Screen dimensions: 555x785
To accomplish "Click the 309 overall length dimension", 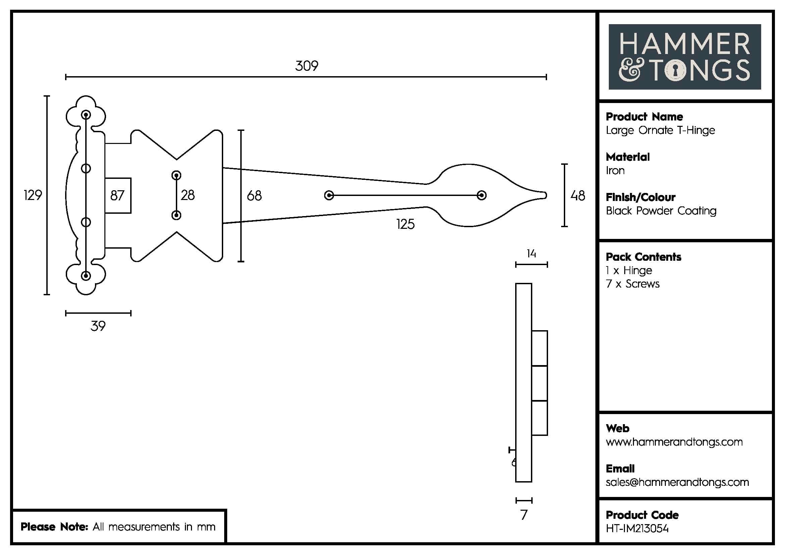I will (306, 66).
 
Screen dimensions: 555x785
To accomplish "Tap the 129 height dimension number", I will (33, 195).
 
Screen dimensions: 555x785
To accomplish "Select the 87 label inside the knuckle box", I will (117, 196).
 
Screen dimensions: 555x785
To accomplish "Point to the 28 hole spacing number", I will (188, 195).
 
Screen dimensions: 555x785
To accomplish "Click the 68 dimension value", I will (254, 196).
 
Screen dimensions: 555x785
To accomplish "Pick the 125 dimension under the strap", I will (405, 224).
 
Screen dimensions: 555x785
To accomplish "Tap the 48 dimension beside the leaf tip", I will (578, 196).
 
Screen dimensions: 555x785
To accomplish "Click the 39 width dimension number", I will (98, 326).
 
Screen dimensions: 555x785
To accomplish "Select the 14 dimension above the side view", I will (531, 254).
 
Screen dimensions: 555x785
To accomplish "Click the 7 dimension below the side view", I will (524, 515).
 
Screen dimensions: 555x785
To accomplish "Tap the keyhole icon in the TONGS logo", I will (675, 71).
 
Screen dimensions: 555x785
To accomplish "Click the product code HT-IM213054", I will (637, 529).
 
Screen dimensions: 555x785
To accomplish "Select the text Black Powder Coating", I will (661, 211).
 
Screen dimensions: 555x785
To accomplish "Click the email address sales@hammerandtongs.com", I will (677, 482).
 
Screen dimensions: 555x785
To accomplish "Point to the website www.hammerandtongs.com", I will (674, 442).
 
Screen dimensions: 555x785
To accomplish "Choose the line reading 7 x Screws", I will (633, 284).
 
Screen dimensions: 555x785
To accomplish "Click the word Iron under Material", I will (615, 170).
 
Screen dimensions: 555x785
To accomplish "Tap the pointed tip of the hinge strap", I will (545, 196).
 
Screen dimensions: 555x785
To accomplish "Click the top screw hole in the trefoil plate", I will (86, 114).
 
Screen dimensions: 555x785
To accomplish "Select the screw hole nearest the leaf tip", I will (482, 196).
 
